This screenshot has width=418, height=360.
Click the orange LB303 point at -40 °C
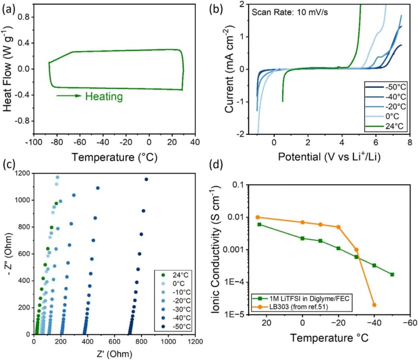pos(374,305)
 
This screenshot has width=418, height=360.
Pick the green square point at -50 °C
pos(392,274)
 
